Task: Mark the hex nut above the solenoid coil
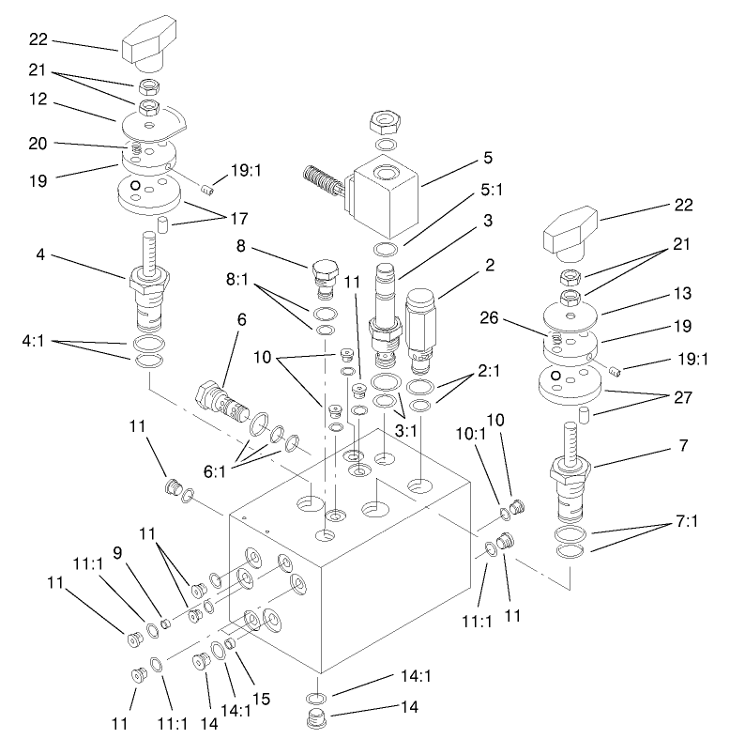(386, 121)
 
